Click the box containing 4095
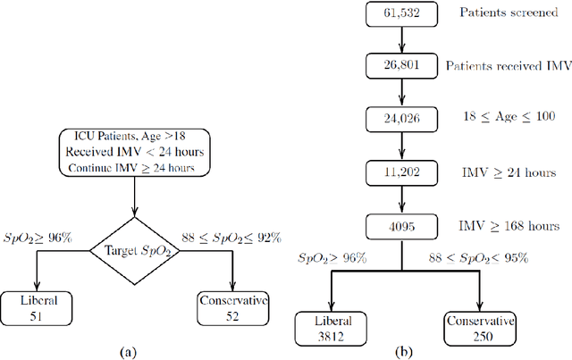pyautogui.click(x=395, y=226)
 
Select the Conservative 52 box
pyautogui.click(x=232, y=307)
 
